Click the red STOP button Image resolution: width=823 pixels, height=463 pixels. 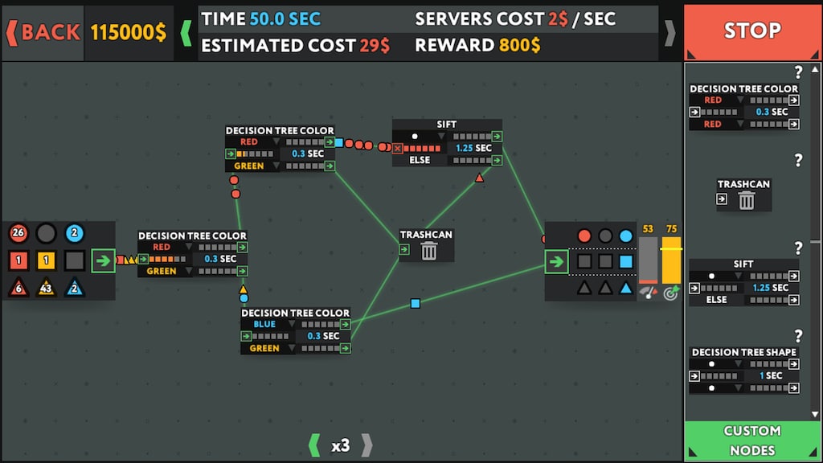751,31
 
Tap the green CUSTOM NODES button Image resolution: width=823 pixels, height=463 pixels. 751,441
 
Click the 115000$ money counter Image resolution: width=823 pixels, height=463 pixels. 129,32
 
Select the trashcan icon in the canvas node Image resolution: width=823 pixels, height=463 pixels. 429,252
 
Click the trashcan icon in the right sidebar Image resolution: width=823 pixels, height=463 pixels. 747,200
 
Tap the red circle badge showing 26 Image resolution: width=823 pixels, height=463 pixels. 18,232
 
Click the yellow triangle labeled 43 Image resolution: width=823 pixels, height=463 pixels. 46,287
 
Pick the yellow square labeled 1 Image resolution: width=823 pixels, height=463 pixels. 46,260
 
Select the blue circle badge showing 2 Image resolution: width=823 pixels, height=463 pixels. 74,232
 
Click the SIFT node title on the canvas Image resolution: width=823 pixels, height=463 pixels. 447,125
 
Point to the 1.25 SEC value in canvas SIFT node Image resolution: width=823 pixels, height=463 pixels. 474,148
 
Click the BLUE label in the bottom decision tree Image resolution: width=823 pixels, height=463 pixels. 264,324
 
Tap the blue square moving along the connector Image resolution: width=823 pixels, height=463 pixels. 416,303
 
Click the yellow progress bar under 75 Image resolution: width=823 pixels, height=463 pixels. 671,260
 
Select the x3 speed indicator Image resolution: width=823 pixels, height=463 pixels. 341,445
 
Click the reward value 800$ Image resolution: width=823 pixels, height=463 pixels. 519,45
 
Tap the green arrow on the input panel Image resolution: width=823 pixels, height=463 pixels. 104,260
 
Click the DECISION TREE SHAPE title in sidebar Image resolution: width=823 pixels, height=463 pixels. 743,352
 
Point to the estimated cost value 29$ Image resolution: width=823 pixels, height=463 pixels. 375,46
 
